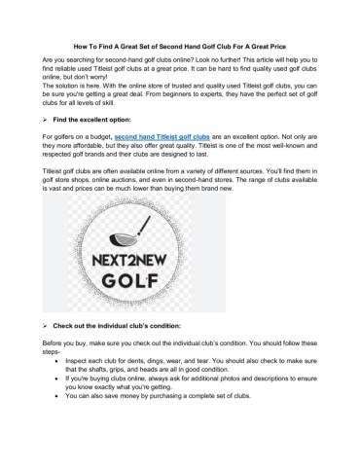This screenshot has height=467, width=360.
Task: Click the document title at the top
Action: pyautogui.click(x=180, y=46)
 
